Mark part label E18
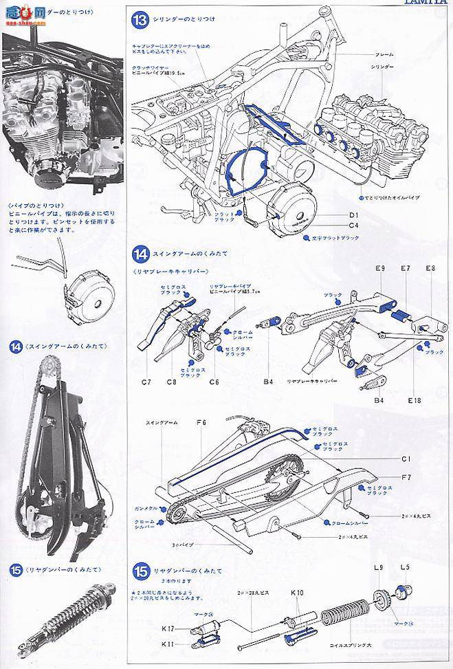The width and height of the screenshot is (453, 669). point(414,399)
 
